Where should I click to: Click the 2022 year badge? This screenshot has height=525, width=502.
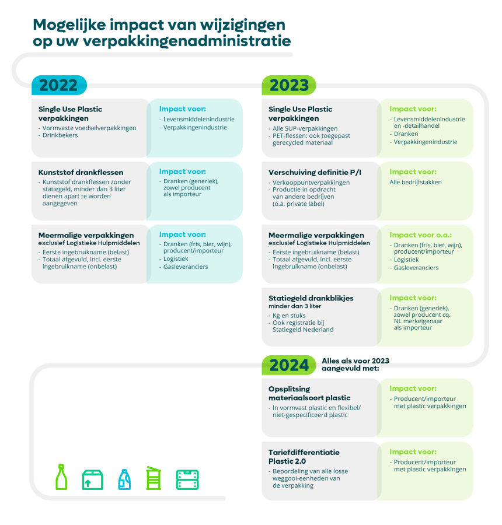[x=60, y=85]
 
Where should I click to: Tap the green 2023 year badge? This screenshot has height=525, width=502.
[x=289, y=85]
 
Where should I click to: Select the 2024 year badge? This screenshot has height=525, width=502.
[x=289, y=365]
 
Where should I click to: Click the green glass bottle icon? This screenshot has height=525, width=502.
[x=61, y=477]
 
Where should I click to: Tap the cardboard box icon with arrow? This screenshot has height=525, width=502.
[x=92, y=480]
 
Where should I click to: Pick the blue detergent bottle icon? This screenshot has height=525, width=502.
[x=124, y=480]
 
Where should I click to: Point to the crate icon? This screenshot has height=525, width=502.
[x=187, y=480]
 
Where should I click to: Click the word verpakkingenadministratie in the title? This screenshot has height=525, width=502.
[x=186, y=41]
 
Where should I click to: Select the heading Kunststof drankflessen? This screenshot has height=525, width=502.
[x=81, y=173]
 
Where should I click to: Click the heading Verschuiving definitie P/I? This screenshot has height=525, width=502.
[x=315, y=173]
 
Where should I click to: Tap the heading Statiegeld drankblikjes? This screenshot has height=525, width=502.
[x=311, y=298]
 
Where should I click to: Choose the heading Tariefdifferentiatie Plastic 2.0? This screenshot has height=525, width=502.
[x=304, y=457]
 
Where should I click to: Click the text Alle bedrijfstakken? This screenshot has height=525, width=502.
[x=416, y=182]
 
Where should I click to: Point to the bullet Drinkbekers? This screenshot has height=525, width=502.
[x=60, y=135]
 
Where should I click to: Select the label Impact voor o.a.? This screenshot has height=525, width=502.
[x=420, y=235]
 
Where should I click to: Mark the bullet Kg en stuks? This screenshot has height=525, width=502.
[x=289, y=316]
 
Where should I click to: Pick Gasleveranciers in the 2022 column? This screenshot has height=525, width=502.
[x=186, y=267]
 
